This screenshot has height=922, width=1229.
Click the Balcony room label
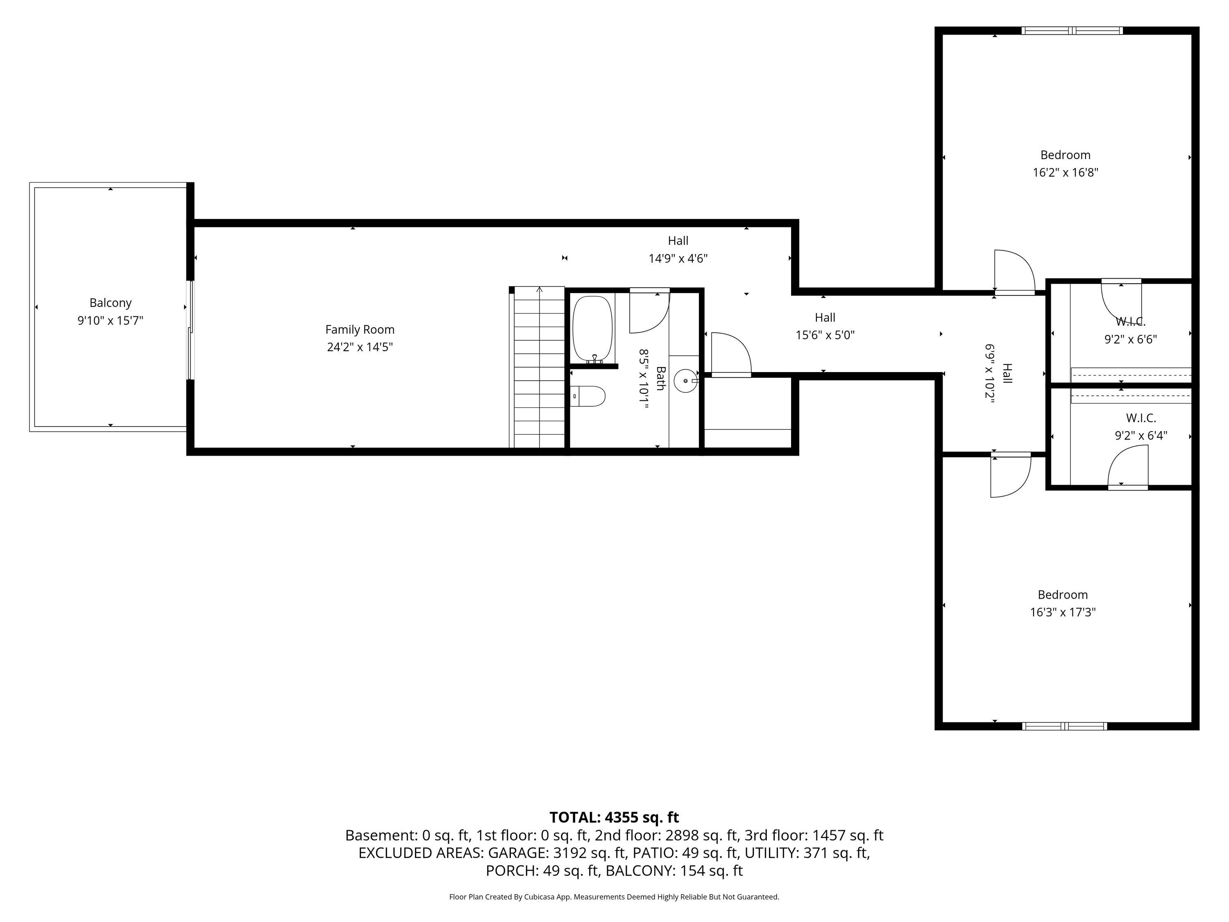(x=111, y=303)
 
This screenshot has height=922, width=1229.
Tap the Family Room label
(x=360, y=329)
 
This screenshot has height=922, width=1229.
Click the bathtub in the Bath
(x=592, y=329)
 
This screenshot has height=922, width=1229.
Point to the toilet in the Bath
(x=588, y=396)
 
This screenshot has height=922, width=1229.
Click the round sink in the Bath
(x=686, y=381)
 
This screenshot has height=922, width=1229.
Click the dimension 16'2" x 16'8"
(x=1066, y=172)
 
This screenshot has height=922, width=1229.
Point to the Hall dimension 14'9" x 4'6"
(x=678, y=259)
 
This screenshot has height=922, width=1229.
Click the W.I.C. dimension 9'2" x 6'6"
(x=1131, y=339)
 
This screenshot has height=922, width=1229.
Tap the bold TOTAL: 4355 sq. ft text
(x=614, y=818)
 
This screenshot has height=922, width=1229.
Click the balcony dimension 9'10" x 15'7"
(x=111, y=321)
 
